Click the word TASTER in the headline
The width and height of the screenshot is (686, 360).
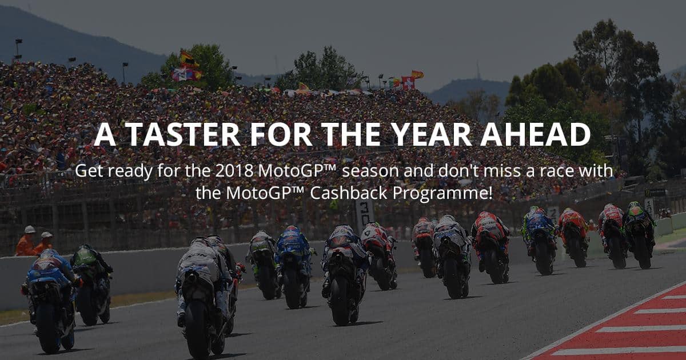(182, 134)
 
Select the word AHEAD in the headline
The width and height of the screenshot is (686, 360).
(535, 134)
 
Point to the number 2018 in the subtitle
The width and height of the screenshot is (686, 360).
(234, 171)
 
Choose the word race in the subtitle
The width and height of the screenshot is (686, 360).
(556, 171)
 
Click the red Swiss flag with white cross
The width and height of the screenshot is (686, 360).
(408, 83)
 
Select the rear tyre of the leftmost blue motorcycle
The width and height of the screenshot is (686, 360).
(47, 327)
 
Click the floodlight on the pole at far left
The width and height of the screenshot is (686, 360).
(18, 41)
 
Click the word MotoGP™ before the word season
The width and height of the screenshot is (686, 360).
(298, 171)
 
